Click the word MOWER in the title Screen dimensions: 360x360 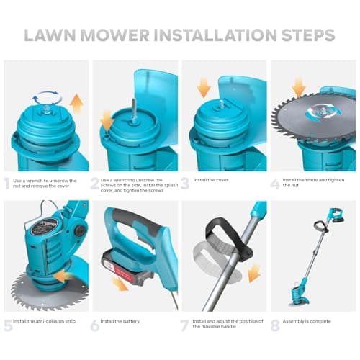(115, 35)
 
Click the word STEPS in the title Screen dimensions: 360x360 (308, 35)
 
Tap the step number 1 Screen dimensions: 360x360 (7, 184)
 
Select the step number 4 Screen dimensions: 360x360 (275, 184)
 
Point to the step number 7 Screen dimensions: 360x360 (184, 325)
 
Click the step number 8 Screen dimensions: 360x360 (275, 325)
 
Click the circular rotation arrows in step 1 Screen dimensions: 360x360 (48, 98)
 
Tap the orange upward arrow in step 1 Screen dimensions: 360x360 (77, 103)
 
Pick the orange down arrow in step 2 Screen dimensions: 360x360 (107, 121)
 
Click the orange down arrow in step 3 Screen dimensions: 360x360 (204, 88)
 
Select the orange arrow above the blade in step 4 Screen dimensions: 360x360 (299, 88)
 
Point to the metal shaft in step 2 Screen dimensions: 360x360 (133, 109)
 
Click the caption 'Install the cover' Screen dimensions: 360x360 (211, 180)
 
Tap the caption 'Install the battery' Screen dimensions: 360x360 (120, 321)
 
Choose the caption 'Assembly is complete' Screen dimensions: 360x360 (307, 321)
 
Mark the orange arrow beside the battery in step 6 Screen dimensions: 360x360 (120, 284)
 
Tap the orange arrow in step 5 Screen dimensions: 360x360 (61, 276)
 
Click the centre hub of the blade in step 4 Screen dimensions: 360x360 (323, 112)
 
